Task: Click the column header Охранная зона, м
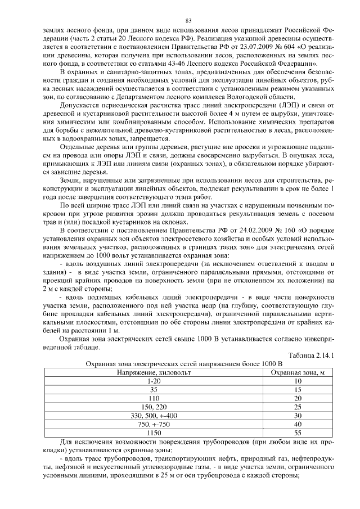tap(298, 372)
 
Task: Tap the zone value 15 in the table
tap(298, 389)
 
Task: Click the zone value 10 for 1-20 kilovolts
tap(298, 381)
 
